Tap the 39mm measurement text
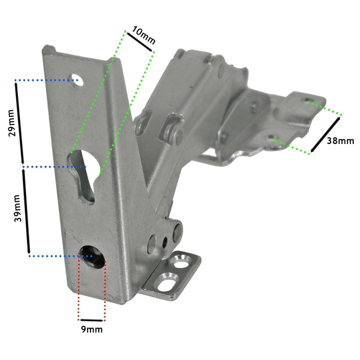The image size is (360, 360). click(17, 209)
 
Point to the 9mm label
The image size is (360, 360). click(92, 328)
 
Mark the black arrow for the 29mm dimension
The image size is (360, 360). click(20, 123)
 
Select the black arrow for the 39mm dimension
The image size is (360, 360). click(26, 211)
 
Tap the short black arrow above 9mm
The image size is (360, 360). click(92, 318)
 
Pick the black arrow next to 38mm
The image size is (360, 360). click(325, 135)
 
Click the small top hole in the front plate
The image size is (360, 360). click(76, 80)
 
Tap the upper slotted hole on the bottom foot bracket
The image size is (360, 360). click(181, 261)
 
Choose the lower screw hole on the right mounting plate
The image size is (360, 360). click(273, 138)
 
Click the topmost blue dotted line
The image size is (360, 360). click(41, 80)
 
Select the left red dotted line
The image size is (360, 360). click(79, 288)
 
